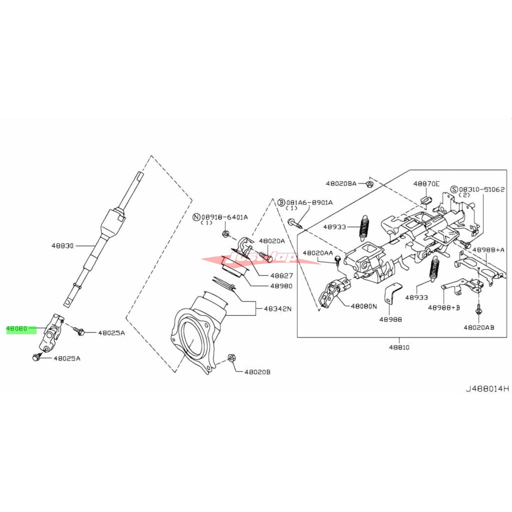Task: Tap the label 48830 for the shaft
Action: [x=63, y=246]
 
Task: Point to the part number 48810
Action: [x=399, y=347]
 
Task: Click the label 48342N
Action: [x=277, y=308]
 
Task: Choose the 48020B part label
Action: [x=257, y=372]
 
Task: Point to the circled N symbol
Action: [x=196, y=217]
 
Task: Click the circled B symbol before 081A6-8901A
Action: [x=281, y=202]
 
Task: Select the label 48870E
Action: [x=426, y=184]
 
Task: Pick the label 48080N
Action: [x=364, y=306]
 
